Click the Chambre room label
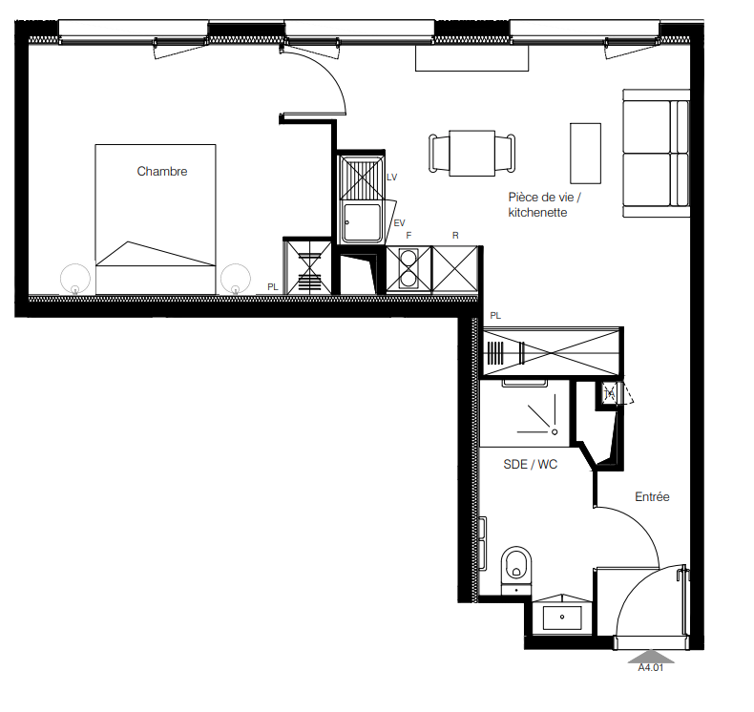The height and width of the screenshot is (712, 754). pos(162,171)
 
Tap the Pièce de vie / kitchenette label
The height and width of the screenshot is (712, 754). pos(544,205)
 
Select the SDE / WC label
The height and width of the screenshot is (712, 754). pos(530,465)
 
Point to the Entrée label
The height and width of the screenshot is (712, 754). pos(652,496)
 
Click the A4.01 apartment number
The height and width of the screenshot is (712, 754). pos(651,668)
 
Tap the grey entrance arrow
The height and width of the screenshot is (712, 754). pos(651,657)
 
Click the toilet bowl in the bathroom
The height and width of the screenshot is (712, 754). pos(516,566)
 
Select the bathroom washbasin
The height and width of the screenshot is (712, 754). pos(562,618)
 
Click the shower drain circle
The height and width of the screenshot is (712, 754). pos(555,432)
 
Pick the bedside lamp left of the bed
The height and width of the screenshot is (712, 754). pos(75,279)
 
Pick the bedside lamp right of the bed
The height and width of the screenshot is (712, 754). pos(236,279)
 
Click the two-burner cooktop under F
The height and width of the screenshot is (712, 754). pos(408,269)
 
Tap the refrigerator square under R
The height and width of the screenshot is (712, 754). pos(455,269)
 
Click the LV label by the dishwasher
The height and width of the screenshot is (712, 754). pos(392,178)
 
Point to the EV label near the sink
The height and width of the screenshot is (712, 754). pos(400,223)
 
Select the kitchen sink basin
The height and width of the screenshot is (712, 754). pos(362,222)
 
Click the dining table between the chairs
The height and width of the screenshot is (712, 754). pos(471,153)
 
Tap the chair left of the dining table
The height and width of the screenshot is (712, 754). pos(439,154)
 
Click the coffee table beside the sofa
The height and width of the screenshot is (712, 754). pos(585,154)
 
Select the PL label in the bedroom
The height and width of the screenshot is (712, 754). pos(273,287)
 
